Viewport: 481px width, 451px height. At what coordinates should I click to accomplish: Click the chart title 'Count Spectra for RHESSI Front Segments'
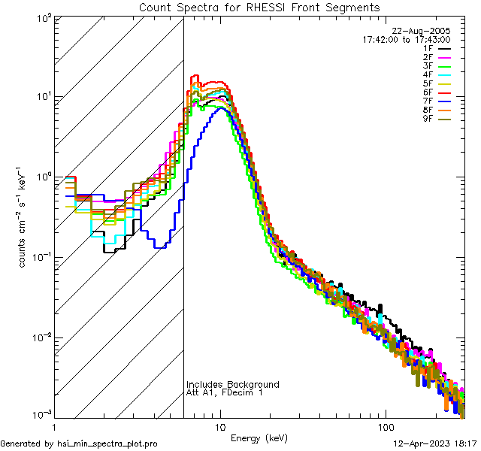(x=259, y=7)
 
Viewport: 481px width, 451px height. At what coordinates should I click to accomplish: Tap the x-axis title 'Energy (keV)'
(x=259, y=437)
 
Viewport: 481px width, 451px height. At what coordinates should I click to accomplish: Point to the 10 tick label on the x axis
(x=220, y=426)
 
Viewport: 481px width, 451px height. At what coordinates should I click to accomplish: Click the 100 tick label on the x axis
(x=386, y=426)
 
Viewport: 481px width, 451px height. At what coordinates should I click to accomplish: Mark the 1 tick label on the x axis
(x=55, y=426)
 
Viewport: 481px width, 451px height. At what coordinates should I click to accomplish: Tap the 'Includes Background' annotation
(x=232, y=385)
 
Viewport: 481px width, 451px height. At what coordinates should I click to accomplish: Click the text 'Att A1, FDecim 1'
(x=225, y=393)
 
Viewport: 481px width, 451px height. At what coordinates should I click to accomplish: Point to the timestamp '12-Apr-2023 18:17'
(x=435, y=443)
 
